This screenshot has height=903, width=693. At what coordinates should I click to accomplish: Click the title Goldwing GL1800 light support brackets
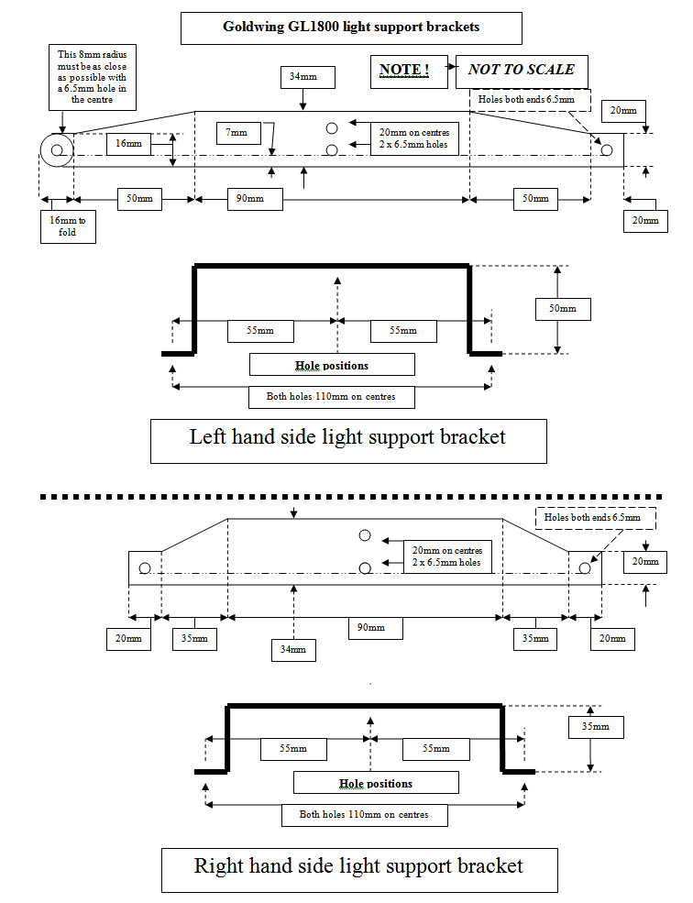(351, 28)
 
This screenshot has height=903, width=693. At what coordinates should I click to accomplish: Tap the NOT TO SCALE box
(521, 70)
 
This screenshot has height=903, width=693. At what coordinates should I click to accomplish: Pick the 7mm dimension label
(237, 134)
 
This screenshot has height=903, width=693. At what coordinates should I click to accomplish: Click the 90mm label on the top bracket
(248, 199)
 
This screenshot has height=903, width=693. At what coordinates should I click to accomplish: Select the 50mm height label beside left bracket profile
(563, 309)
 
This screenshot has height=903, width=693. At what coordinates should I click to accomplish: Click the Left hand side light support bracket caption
(347, 438)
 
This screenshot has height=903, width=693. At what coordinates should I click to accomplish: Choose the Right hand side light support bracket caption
(358, 866)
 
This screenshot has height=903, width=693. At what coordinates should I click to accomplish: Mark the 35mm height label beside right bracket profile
(595, 727)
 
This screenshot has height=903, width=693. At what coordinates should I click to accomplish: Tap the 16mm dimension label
(128, 144)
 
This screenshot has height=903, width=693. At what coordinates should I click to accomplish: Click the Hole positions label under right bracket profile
(375, 784)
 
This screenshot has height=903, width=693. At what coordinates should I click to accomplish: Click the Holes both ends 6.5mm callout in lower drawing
(599, 518)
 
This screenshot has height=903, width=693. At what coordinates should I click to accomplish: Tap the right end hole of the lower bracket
(583, 567)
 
